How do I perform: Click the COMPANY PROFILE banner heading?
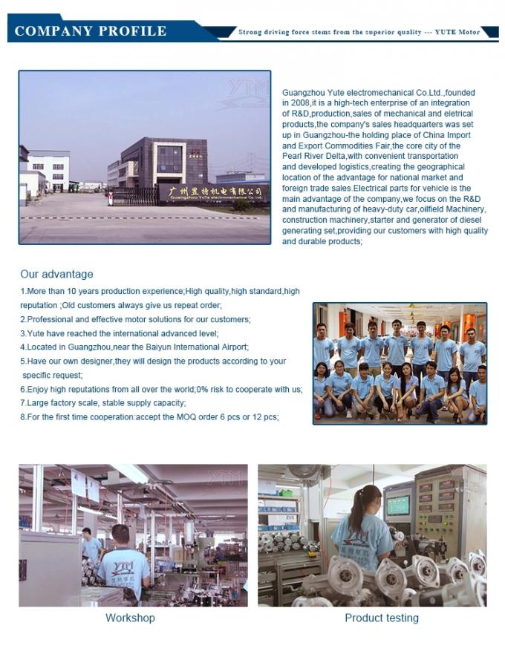pyautogui.click(x=90, y=30)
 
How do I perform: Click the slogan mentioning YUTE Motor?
pyautogui.click(x=359, y=32)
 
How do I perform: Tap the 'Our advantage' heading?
pyautogui.click(x=56, y=274)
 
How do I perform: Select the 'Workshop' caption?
pyautogui.click(x=130, y=618)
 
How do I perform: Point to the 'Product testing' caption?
pyautogui.click(x=381, y=618)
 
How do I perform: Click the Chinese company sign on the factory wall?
pyautogui.click(x=212, y=192)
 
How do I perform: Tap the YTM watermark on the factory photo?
pyautogui.click(x=247, y=88)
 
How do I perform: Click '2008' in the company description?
pyautogui.click(x=302, y=103)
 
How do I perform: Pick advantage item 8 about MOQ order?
pyautogui.click(x=149, y=416)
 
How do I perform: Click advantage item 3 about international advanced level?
pyautogui.click(x=119, y=333)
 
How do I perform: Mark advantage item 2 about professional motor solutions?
pyautogui.click(x=135, y=319)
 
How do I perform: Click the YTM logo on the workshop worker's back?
pyautogui.click(x=123, y=566)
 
